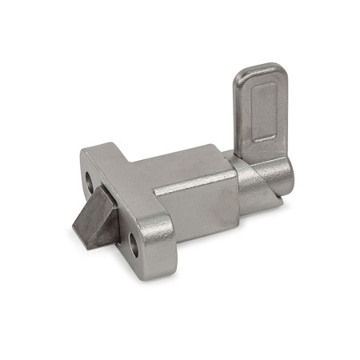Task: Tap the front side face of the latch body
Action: click(x=196, y=212)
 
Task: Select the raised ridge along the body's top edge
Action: click(x=192, y=188)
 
